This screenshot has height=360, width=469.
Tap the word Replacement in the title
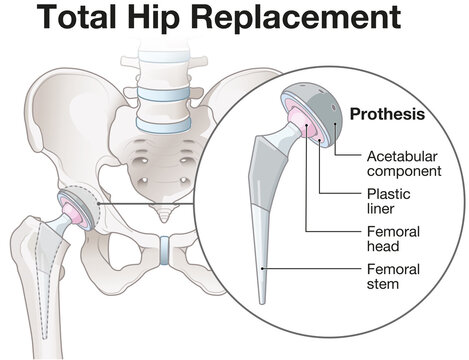click(x=294, y=19)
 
